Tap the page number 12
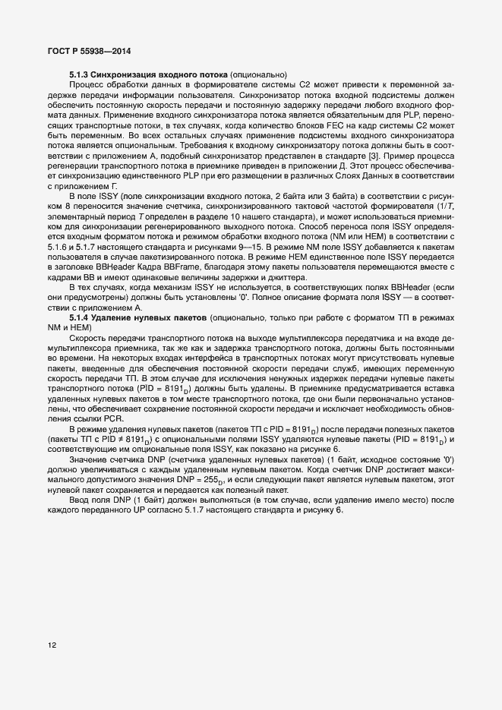[52, 645]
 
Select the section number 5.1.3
[80, 74]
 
